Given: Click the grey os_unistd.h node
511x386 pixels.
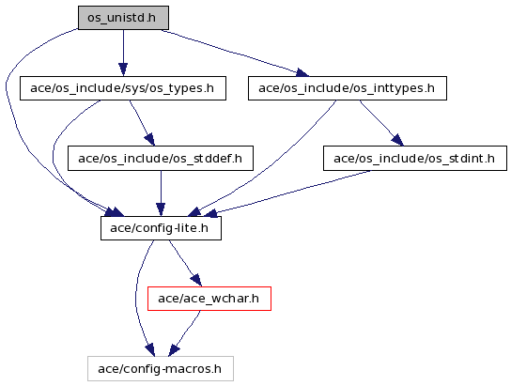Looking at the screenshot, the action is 123,18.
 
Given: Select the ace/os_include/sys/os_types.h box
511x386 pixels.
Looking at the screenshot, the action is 123,88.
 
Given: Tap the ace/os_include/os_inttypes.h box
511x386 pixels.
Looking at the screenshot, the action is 348,88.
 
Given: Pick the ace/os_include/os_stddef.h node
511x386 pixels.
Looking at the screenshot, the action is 161,159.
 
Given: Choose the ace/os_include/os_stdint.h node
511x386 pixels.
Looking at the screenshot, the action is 415,159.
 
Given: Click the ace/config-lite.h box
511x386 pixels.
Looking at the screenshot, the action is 161,228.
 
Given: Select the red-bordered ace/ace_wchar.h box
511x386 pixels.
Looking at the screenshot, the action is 209,299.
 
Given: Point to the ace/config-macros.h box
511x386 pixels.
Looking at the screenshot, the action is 161,368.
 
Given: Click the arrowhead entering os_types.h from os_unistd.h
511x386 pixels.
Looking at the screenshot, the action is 123,69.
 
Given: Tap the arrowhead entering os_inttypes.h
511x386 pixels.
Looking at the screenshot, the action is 302,73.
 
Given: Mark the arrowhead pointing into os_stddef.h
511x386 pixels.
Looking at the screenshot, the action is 149,139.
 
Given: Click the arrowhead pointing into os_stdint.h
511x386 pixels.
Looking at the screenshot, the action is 397,140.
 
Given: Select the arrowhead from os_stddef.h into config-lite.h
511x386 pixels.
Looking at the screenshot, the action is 161,209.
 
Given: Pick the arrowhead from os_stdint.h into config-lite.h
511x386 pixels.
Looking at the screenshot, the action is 211,213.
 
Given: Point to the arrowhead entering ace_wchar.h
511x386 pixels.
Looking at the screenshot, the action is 196,280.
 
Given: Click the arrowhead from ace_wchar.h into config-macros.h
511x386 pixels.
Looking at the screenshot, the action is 174,350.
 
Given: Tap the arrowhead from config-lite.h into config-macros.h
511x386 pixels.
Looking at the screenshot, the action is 150,349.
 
